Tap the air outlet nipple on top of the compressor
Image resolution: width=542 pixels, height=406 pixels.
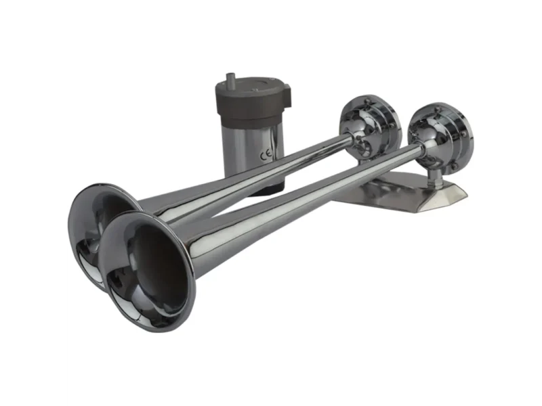tap(230, 78)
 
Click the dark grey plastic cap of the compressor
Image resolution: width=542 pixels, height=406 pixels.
tap(253, 98)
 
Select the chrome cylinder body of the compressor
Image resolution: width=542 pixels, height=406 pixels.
tap(254, 148)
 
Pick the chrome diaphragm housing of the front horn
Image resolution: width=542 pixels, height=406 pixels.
tap(441, 137)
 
